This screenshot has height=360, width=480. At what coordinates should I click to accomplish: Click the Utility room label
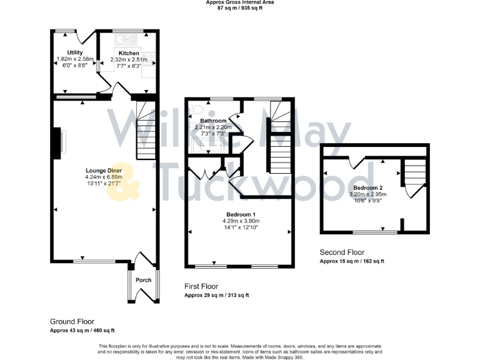click(74, 53)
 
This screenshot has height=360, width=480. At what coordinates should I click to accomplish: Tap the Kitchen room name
click(129, 53)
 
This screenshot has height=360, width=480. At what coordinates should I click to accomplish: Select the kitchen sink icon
click(121, 39)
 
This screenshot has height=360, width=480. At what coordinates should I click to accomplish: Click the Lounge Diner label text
click(104, 169)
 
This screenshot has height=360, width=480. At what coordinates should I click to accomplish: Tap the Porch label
click(143, 279)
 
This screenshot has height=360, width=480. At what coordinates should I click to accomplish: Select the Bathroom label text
click(212, 121)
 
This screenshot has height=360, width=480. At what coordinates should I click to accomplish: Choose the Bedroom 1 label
click(240, 214)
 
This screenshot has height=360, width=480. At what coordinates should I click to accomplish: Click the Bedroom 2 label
click(367, 187)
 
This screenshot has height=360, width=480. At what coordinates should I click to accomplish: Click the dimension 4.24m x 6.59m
click(104, 176)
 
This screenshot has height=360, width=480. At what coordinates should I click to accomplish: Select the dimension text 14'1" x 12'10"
click(240, 228)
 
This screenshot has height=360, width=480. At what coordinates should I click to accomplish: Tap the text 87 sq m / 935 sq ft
click(240, 8)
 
